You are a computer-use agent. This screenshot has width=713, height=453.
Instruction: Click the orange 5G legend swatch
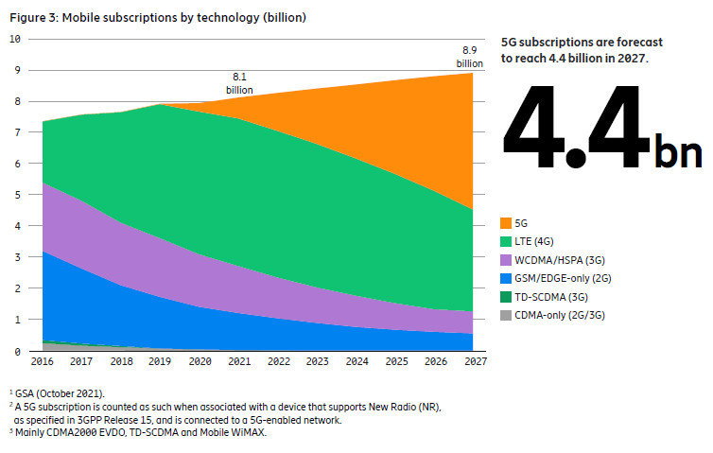click(x=507, y=223)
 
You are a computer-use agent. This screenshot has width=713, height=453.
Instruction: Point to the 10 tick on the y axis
click(x=14, y=39)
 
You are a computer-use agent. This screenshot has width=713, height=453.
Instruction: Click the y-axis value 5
click(x=17, y=195)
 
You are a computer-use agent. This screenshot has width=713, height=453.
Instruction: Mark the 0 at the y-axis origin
click(x=17, y=352)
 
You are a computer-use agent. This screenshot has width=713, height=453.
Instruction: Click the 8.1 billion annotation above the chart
click(x=240, y=83)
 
